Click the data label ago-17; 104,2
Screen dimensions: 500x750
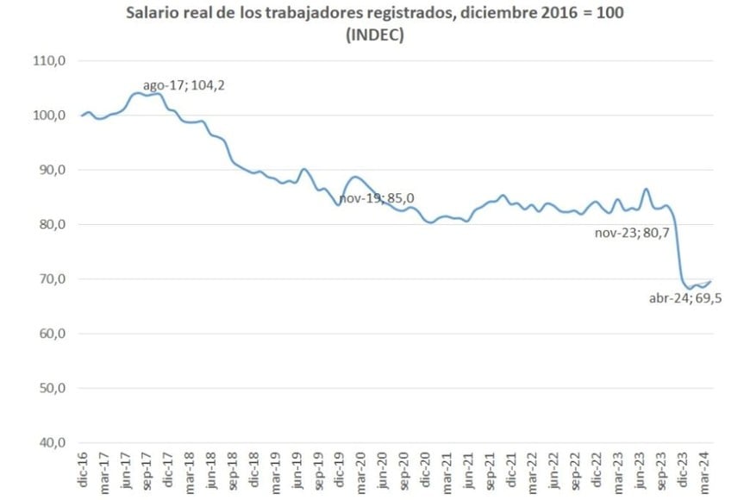pyautogui.click(x=189, y=85)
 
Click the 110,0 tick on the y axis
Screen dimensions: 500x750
pyautogui.click(x=49, y=61)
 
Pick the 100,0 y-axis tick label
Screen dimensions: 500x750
pyautogui.click(x=49, y=116)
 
